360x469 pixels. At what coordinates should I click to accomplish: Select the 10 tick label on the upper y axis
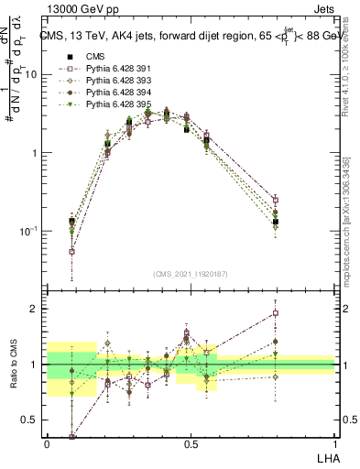[30, 75]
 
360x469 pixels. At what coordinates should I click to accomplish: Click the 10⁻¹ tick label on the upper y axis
[28, 232]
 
